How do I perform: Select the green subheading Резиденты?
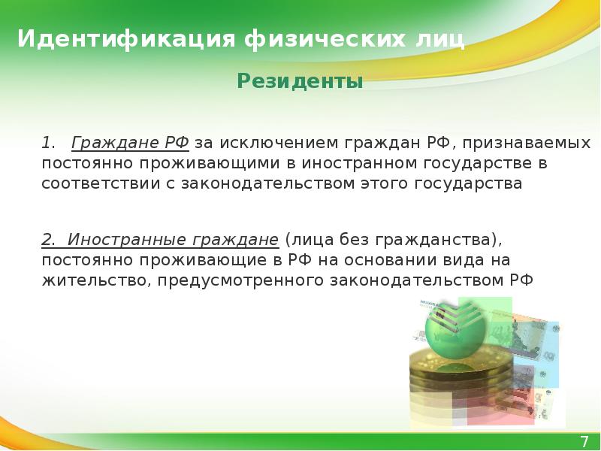point(300,80)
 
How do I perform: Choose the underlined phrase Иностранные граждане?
point(174,241)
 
